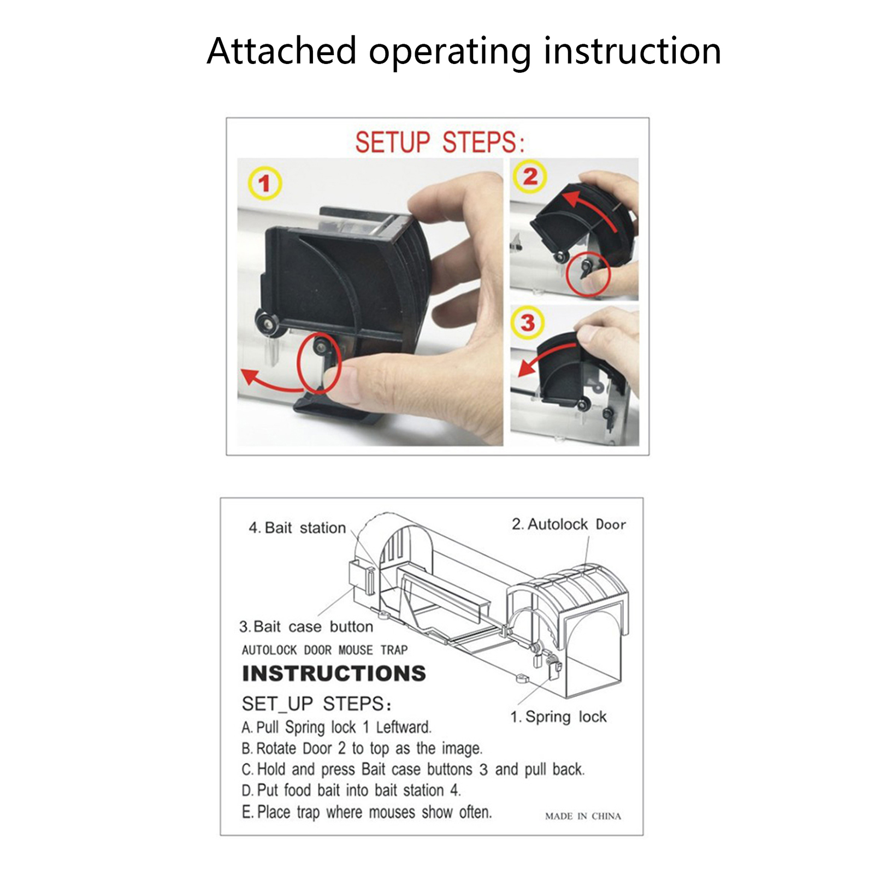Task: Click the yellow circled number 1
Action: click(265, 183)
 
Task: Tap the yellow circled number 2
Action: click(530, 176)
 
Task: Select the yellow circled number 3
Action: click(528, 322)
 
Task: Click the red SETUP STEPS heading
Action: click(440, 142)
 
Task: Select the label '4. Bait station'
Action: click(297, 528)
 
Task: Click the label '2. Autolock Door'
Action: click(569, 524)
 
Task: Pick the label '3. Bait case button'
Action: click(306, 627)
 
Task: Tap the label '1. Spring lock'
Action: click(558, 717)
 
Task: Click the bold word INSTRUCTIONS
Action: click(334, 674)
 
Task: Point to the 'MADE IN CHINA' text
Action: click(583, 816)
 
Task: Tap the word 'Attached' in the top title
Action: click(282, 51)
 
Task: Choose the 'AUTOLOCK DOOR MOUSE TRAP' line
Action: click(324, 650)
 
